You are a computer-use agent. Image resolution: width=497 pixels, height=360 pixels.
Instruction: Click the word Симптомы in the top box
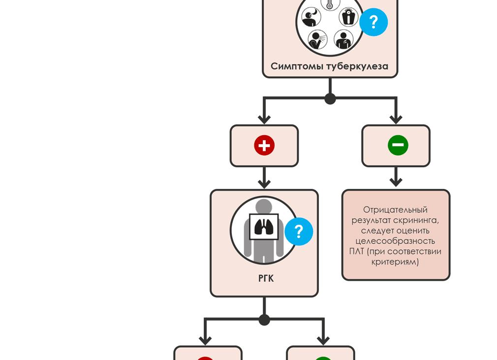pos(297,66)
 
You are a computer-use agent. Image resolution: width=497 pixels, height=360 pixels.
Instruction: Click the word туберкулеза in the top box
pos(357,66)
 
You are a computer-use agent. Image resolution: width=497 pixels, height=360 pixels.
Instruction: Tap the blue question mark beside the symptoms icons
pos(373,22)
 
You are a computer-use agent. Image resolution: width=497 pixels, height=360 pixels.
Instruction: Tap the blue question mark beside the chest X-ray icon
pos(299,231)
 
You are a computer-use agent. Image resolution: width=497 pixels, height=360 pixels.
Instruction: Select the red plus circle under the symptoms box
pos(264,146)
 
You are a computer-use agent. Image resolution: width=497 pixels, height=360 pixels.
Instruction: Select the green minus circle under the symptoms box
pos(398,146)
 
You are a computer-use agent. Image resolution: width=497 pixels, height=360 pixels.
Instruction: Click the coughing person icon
pos(317,39)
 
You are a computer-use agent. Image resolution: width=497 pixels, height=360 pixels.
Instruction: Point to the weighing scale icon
pos(349,17)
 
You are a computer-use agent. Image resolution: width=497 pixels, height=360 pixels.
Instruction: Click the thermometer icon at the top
pos(330,4)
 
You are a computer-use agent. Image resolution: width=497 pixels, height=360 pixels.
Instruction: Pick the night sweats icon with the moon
pos(311,18)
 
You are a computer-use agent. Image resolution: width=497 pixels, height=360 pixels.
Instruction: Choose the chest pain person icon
pos(343,39)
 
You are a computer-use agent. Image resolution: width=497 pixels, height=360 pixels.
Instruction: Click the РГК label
pos(266,278)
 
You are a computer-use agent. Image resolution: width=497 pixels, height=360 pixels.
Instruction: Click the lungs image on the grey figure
pos(264,227)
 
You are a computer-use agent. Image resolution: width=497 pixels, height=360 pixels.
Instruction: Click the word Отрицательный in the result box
pos(395,210)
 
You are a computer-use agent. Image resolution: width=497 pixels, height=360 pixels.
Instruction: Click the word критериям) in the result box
pos(395,262)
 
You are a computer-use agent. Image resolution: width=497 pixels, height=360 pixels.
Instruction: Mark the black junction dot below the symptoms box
pos(330,98)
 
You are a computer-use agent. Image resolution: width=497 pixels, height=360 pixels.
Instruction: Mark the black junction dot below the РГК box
pos(264,320)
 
